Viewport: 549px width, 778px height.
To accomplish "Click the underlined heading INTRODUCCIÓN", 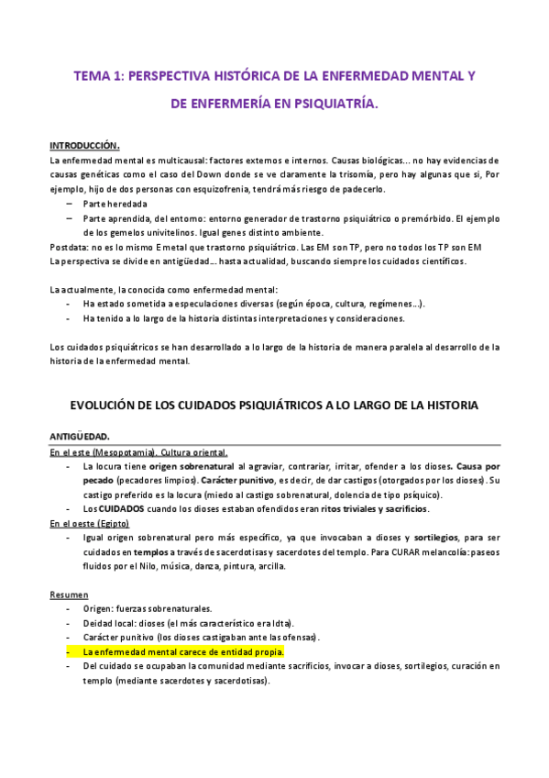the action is [x=84, y=146].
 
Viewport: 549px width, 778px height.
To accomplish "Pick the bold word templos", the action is [x=151, y=552].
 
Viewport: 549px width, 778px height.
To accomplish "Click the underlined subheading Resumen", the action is [x=69, y=595].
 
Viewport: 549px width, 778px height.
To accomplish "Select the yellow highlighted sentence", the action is [x=183, y=652].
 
